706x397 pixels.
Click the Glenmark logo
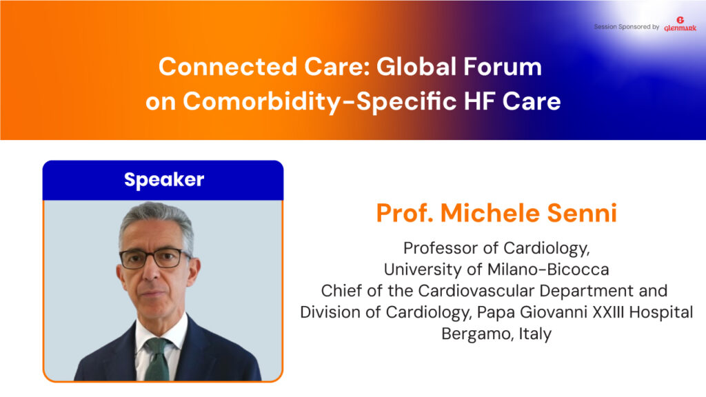pyautogui.click(x=680, y=24)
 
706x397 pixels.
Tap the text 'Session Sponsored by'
pyautogui.click(x=626, y=27)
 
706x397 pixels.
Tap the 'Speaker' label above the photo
pyautogui.click(x=164, y=180)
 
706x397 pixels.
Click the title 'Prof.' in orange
pyautogui.click(x=405, y=213)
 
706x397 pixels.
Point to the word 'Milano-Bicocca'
pyautogui.click(x=548, y=269)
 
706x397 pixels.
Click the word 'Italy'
pyautogui.click(x=535, y=334)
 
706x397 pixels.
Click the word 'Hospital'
pyautogui.click(x=661, y=312)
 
